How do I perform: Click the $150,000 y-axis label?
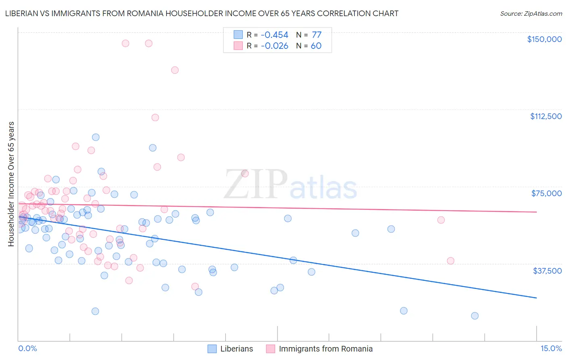(x=544, y=39)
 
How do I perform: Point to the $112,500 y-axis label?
(x=546, y=116)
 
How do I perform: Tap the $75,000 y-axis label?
(x=546, y=193)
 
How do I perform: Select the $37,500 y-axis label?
(x=547, y=271)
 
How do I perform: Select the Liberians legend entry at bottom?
(x=230, y=349)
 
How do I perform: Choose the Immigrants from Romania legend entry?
(x=319, y=349)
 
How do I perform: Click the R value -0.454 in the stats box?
(x=274, y=35)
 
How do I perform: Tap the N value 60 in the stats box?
(x=316, y=46)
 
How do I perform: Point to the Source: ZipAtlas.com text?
(x=531, y=13)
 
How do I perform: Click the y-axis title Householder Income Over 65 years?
(x=11, y=184)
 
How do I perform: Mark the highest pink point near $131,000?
(x=175, y=70)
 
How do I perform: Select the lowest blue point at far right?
(x=475, y=316)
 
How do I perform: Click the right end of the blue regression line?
(x=536, y=298)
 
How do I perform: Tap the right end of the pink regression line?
(x=536, y=212)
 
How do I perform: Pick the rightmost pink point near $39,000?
(x=450, y=261)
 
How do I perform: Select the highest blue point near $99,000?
(x=96, y=137)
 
